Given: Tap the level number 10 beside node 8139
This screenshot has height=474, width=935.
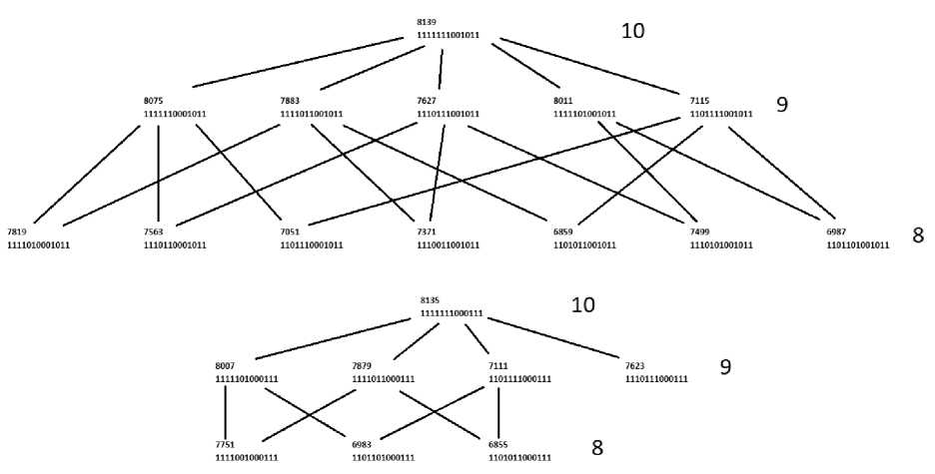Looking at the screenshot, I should point(632,31).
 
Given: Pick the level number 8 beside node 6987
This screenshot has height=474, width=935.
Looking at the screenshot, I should point(917,236).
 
